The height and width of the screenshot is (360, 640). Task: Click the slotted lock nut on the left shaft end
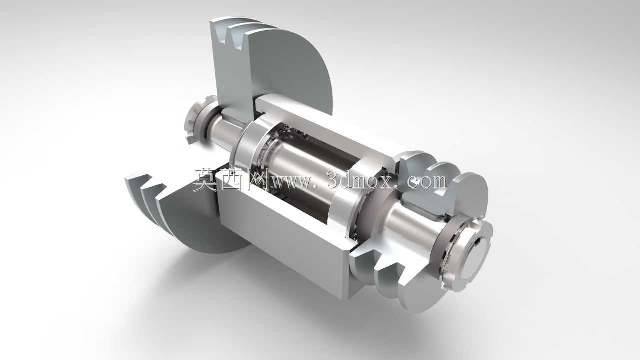[197, 120]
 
